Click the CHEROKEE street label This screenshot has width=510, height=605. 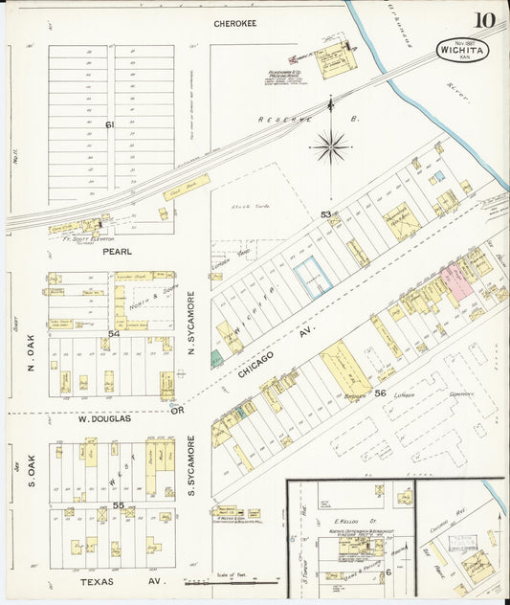tap(233, 22)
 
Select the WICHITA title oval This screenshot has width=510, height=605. tap(462, 49)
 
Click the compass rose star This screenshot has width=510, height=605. tap(331, 146)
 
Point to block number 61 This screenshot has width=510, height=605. tap(110, 123)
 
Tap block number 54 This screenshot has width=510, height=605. tap(114, 333)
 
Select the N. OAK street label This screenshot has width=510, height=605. tap(31, 354)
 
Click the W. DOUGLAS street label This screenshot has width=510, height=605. tap(99, 417)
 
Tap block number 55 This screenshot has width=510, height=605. tap(119, 504)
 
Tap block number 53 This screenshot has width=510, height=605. tap(325, 214)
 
